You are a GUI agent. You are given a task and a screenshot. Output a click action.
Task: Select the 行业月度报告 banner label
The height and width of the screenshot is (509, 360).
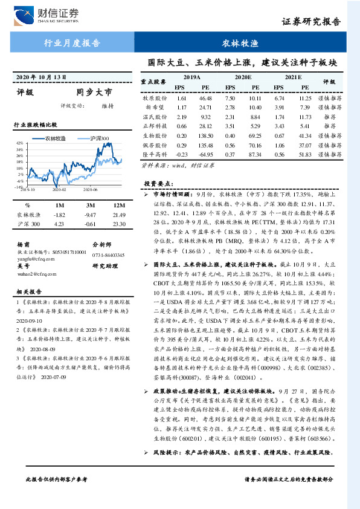pos(72,44)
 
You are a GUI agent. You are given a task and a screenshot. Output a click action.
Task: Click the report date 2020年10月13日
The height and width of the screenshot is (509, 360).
pos(40,77)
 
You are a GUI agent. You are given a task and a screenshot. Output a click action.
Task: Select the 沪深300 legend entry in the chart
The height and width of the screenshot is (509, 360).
pos(99,138)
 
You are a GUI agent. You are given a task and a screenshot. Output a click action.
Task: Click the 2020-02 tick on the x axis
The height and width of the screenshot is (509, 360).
pos(59,189)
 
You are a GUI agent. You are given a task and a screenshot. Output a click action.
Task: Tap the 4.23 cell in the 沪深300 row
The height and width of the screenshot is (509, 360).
pos(59,224)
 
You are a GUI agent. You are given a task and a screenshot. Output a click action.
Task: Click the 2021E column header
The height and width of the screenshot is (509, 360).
pos(292,78)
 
